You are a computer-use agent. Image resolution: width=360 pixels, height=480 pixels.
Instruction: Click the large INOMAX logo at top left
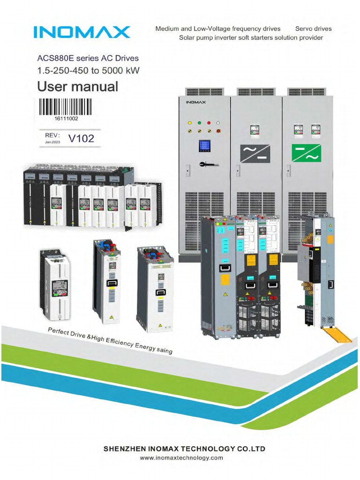click(x=82, y=32)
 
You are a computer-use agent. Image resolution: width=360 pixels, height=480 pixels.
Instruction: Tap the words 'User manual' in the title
click(x=77, y=87)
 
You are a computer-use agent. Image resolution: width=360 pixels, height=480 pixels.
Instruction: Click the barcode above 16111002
click(x=65, y=107)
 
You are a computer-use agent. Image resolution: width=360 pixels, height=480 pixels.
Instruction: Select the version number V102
click(x=81, y=138)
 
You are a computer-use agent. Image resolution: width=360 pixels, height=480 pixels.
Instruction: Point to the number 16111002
click(x=66, y=119)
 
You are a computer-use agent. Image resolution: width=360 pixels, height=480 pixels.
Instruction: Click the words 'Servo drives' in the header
click(x=313, y=29)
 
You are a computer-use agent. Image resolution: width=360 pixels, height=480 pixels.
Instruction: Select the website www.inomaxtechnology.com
click(x=181, y=458)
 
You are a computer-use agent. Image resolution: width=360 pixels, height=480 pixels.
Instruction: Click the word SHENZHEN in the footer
click(x=124, y=449)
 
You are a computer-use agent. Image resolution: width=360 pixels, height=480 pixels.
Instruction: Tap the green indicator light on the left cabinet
click(x=199, y=123)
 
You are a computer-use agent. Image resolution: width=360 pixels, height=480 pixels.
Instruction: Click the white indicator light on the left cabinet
click(x=218, y=123)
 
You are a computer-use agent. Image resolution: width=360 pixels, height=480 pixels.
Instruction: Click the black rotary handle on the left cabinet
click(x=205, y=164)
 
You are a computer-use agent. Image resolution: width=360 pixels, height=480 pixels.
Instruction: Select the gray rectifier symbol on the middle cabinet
click(x=255, y=153)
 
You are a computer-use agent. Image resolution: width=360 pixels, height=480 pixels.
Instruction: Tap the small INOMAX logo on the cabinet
click(x=192, y=102)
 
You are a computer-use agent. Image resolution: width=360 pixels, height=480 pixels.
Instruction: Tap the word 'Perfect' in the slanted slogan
click(x=59, y=332)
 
